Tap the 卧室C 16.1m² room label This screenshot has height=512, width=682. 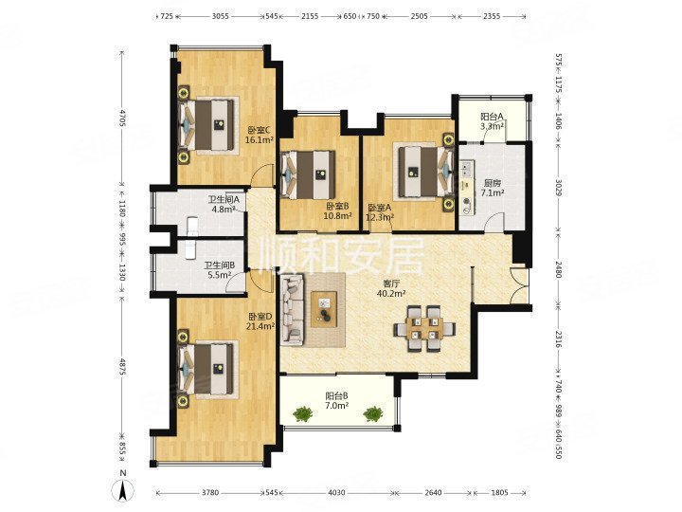tap(260, 135)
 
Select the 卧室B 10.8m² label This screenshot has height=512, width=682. tap(338, 210)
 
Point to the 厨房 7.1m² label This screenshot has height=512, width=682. tap(493, 188)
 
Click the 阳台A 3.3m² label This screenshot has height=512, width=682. tap(493, 121)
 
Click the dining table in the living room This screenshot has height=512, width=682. tap(424, 328)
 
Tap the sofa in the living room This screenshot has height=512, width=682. tap(293, 309)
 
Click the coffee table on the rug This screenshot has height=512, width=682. tap(324, 309)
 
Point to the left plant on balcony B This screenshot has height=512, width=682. tap(303, 413)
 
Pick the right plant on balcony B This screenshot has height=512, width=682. tap(372, 413)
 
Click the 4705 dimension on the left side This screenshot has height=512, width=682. tap(122, 118)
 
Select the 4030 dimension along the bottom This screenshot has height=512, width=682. tap(336, 493)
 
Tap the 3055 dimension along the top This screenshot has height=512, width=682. tap(221, 16)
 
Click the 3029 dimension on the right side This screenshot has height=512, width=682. tap(560, 186)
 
